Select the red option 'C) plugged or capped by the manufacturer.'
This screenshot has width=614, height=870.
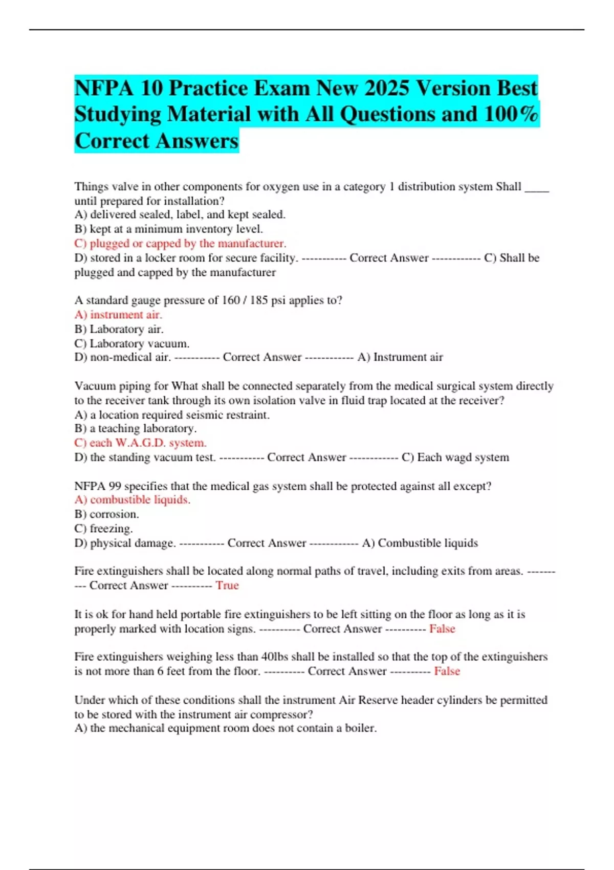tap(180, 243)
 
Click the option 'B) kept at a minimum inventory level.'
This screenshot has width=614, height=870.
tap(168, 229)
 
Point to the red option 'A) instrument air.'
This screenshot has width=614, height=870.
tap(118, 314)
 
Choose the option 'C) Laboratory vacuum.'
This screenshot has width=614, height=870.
tap(131, 343)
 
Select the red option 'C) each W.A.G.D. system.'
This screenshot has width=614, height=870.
tap(140, 443)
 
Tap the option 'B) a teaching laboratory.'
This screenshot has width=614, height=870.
tap(135, 428)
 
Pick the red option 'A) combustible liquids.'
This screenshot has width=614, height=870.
tap(132, 499)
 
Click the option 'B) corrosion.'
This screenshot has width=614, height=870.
tap(106, 514)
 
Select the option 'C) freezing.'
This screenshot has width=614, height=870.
tap(103, 528)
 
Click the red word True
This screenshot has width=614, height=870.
tap(227, 585)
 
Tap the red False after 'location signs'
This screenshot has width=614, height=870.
tap(442, 628)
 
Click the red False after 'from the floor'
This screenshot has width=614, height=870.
tap(447, 671)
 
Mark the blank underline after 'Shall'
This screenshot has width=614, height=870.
tap(537, 188)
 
